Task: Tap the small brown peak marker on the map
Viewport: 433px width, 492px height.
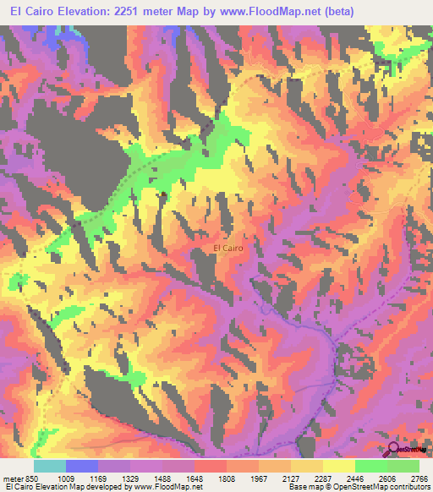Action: click(162, 194)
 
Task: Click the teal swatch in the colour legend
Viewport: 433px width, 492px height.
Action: click(50, 467)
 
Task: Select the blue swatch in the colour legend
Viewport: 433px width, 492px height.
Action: click(82, 467)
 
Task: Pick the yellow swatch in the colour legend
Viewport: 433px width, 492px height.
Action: click(339, 467)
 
